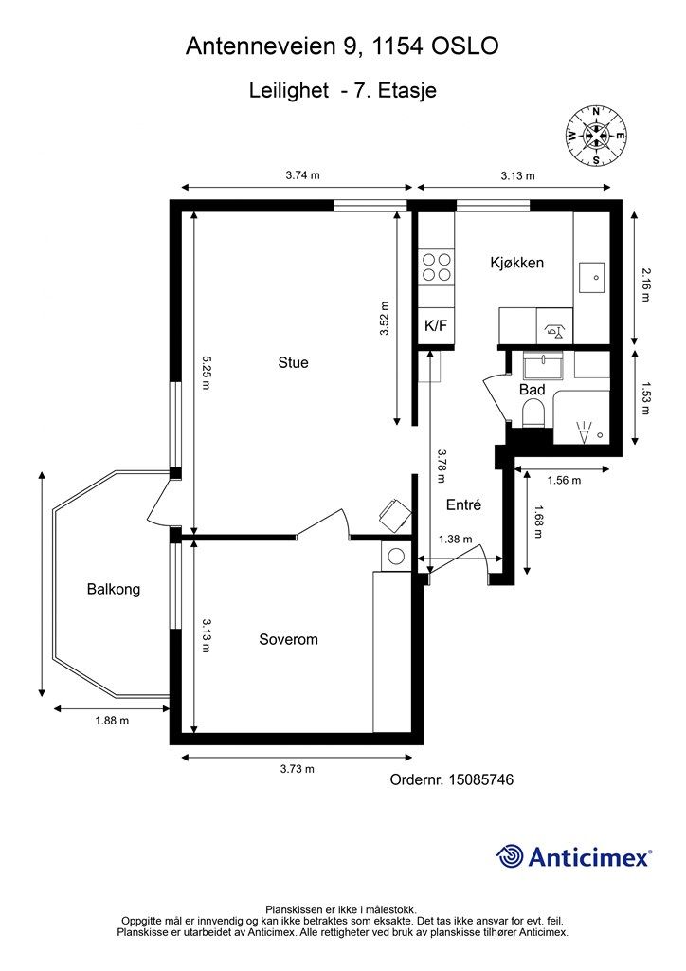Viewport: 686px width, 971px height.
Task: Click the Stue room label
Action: [x=293, y=362]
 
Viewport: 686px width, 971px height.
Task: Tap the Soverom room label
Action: [x=288, y=639]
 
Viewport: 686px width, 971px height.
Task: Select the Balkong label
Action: [x=113, y=589]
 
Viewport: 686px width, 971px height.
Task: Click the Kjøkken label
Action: [x=517, y=263]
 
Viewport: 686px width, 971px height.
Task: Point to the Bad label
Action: [x=532, y=390]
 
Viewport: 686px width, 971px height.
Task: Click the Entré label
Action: [x=463, y=504]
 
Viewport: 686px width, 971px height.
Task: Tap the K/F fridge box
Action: [x=436, y=326]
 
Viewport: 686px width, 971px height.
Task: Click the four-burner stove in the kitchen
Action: [x=436, y=267]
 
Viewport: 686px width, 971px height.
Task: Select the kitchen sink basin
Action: [x=591, y=278]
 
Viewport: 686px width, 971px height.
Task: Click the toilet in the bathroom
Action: [x=533, y=413]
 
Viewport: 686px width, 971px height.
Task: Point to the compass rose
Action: [x=595, y=136]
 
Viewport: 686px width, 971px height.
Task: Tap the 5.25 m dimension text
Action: [x=206, y=372]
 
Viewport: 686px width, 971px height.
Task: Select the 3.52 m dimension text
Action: [x=384, y=319]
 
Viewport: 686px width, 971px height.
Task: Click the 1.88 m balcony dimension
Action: [x=112, y=721]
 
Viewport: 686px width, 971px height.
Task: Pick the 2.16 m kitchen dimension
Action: [x=645, y=284]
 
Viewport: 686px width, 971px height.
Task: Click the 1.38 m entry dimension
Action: [x=455, y=540]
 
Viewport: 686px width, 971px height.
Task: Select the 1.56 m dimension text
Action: [x=564, y=480]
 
